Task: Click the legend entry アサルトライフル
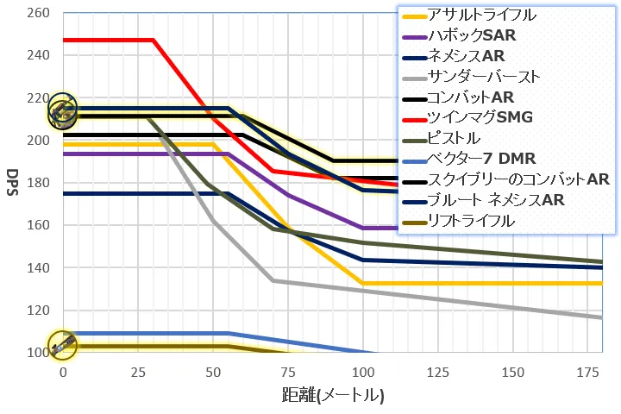482,16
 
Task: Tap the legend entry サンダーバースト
484,77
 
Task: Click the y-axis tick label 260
39,14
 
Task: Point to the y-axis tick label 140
39,268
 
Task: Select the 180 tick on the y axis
39,183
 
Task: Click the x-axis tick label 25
137,372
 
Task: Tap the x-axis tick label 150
513,372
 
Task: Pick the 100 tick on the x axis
363,372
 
